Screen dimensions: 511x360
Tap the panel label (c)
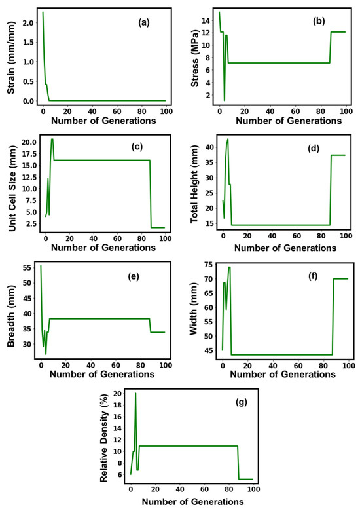pyautogui.click(x=145, y=148)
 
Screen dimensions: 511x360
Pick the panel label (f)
pyautogui.click(x=322, y=276)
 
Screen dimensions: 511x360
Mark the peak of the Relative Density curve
pyautogui.click(x=135, y=393)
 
